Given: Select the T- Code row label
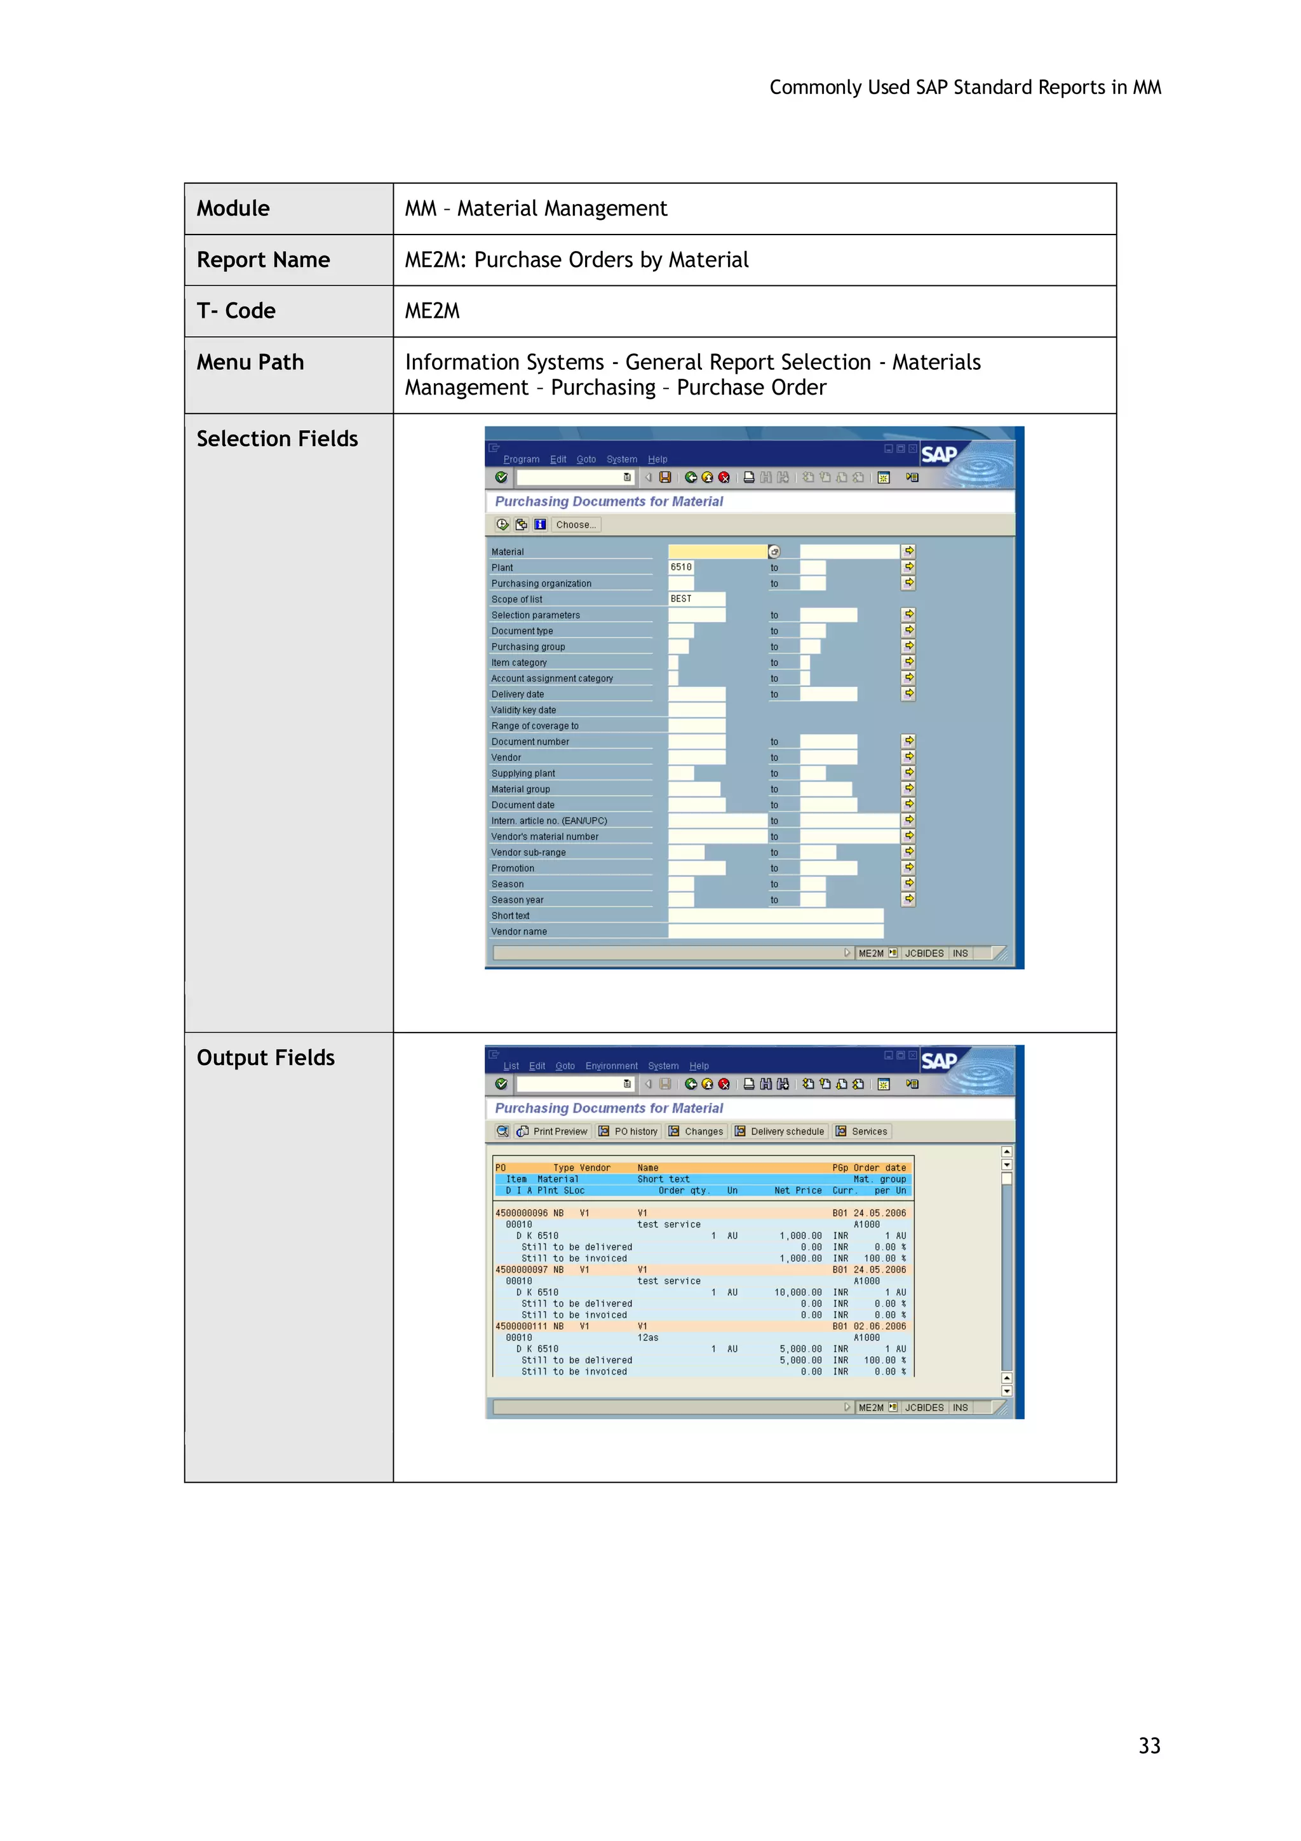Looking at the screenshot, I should coord(236,311).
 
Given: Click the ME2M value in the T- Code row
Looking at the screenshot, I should coord(432,311).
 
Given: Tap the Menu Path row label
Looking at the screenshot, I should coord(250,362).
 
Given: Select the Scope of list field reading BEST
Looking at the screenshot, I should coord(696,599).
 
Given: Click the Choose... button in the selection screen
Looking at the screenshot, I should coord(576,524).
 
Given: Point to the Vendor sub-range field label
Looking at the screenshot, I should coord(529,852).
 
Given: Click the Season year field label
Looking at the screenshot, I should coord(517,900).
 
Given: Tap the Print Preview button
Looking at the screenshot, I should coord(553,1131).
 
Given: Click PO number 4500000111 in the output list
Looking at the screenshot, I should coord(521,1326).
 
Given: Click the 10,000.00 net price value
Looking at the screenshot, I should coord(798,1293).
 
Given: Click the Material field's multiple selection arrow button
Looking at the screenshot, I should coord(908,551).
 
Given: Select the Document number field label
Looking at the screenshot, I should coord(530,742).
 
